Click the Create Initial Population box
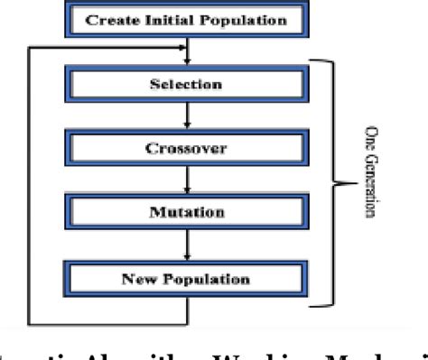(187, 20)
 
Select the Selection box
(187, 86)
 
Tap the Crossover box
(187, 150)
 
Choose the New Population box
(187, 277)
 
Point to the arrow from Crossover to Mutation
(187, 181)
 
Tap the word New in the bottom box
(136, 277)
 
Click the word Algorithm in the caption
(126, 351)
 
